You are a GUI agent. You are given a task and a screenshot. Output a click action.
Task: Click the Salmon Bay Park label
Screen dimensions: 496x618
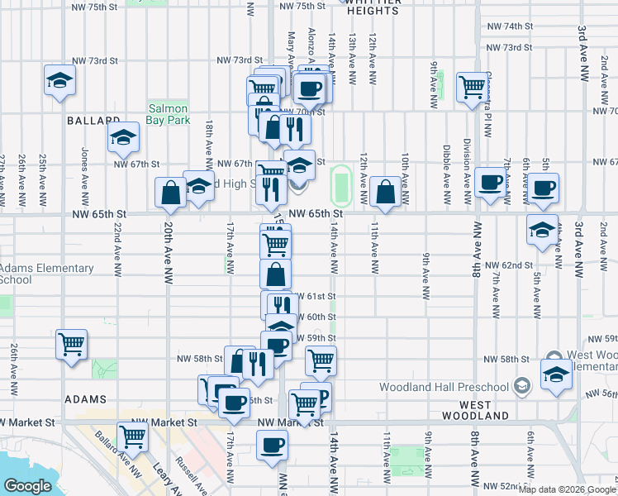[x=169, y=114]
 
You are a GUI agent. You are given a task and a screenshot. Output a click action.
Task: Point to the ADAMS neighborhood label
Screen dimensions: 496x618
[x=86, y=398]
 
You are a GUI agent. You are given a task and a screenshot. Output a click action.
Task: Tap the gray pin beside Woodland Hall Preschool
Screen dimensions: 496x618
[x=521, y=386]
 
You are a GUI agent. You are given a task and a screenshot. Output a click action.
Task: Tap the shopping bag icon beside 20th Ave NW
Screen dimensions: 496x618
[x=170, y=193]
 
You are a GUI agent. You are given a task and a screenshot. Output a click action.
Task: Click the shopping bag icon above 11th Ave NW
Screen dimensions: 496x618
[x=386, y=191]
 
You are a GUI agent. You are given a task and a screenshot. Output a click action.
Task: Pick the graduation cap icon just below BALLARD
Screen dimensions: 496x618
[x=123, y=137]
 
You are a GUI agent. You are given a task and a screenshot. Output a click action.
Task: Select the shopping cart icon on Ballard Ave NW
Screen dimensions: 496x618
[x=132, y=436]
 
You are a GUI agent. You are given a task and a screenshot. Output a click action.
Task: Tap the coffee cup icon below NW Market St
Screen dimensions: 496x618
[x=272, y=446]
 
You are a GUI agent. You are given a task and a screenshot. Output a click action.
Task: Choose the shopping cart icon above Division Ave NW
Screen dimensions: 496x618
[x=472, y=85]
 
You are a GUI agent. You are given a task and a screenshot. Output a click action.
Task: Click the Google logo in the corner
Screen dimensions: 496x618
[x=27, y=487]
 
